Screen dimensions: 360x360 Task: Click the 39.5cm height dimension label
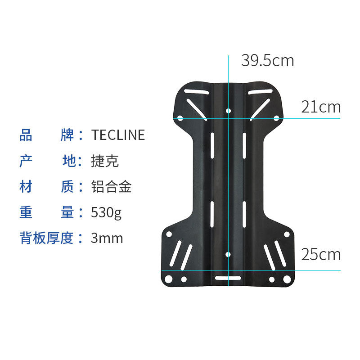click(x=267, y=60)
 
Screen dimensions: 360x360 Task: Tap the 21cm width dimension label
click(x=321, y=107)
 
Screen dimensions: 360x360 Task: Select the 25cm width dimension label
click(x=321, y=254)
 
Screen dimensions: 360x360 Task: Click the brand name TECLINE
click(x=118, y=135)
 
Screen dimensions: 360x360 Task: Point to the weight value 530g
click(x=106, y=212)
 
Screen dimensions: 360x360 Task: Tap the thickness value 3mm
click(x=107, y=238)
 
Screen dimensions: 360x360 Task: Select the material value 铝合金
click(x=111, y=187)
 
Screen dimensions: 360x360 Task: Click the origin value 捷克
click(x=105, y=161)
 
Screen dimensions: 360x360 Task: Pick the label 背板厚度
click(x=46, y=238)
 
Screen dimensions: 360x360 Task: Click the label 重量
click(x=46, y=212)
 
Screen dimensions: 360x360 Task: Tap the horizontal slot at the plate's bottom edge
click(x=228, y=278)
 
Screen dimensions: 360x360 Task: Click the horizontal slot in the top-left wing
click(x=196, y=92)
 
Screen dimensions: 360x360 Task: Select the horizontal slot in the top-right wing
click(x=260, y=92)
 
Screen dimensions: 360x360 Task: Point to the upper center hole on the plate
click(x=228, y=110)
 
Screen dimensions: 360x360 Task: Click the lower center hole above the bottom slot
click(x=228, y=255)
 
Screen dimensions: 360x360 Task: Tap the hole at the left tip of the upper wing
click(x=180, y=118)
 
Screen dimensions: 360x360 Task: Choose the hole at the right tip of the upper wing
click(x=277, y=118)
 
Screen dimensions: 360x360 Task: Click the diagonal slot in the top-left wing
click(x=197, y=110)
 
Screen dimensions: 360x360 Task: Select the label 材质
click(x=46, y=187)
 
